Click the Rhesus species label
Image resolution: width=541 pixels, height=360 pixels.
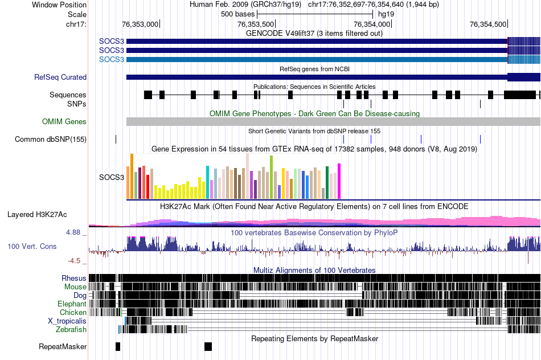coord(74,278)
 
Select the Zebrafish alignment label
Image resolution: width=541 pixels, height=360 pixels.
coord(71,329)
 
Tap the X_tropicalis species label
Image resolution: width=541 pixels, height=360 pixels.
coord(67,321)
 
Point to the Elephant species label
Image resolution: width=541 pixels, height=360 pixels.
coord(72,304)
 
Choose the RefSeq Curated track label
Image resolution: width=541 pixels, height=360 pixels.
coord(60,77)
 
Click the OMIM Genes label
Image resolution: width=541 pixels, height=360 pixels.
coord(64,121)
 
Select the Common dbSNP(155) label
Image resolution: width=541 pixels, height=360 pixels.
coord(51,139)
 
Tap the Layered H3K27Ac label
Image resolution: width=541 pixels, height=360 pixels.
coord(37,215)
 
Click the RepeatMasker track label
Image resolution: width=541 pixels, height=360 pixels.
coord(63,346)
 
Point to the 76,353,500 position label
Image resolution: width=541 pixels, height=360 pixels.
coord(255,24)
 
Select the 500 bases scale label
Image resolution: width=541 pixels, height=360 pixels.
coord(237,14)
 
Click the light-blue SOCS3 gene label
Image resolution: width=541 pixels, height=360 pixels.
coord(112,59)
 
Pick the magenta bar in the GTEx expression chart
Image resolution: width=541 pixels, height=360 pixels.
coord(339,181)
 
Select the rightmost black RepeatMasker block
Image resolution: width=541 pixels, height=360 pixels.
coord(208,346)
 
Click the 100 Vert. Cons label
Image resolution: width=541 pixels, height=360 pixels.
coord(32,246)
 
